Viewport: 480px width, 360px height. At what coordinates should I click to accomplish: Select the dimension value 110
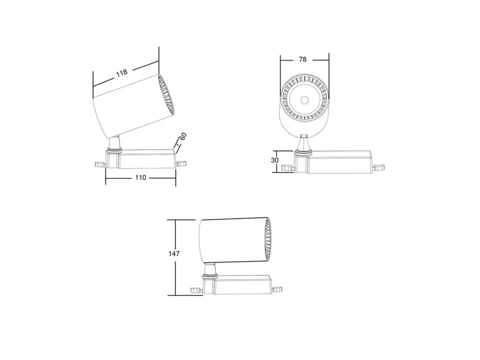(140, 178)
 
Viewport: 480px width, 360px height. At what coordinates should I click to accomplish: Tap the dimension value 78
(303, 60)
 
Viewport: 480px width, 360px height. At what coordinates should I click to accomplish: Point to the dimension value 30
(275, 160)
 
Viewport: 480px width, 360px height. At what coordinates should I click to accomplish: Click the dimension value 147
(174, 254)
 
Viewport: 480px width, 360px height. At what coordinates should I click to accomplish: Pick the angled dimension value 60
(183, 136)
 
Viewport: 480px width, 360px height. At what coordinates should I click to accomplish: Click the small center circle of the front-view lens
(304, 100)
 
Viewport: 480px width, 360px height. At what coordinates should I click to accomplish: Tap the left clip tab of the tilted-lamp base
(100, 164)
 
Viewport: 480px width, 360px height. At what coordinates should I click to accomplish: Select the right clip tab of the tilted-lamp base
(181, 164)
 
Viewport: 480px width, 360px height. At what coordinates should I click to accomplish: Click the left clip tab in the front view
(287, 168)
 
